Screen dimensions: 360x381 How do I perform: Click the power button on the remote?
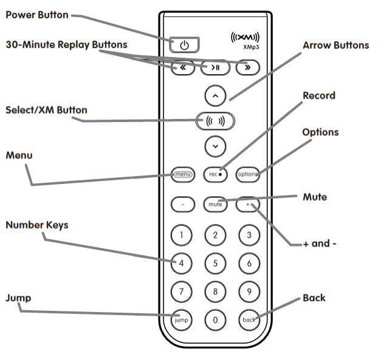point(184,45)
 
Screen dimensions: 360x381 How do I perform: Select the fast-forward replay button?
point(248,67)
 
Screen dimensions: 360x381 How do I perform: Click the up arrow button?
point(215,95)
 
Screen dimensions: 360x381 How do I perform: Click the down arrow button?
point(215,146)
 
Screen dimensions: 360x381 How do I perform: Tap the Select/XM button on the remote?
point(215,120)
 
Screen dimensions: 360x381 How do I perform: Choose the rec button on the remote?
point(215,174)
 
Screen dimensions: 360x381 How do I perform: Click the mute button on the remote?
point(215,204)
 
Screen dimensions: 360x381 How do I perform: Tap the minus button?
point(183,204)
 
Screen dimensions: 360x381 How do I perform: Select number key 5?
point(215,263)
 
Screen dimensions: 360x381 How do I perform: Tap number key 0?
point(215,319)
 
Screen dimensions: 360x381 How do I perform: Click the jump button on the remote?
point(182,319)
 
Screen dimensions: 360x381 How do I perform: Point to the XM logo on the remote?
point(245,38)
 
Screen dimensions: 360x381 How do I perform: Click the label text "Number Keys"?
point(37,225)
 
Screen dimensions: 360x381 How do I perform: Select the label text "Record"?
point(319,96)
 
